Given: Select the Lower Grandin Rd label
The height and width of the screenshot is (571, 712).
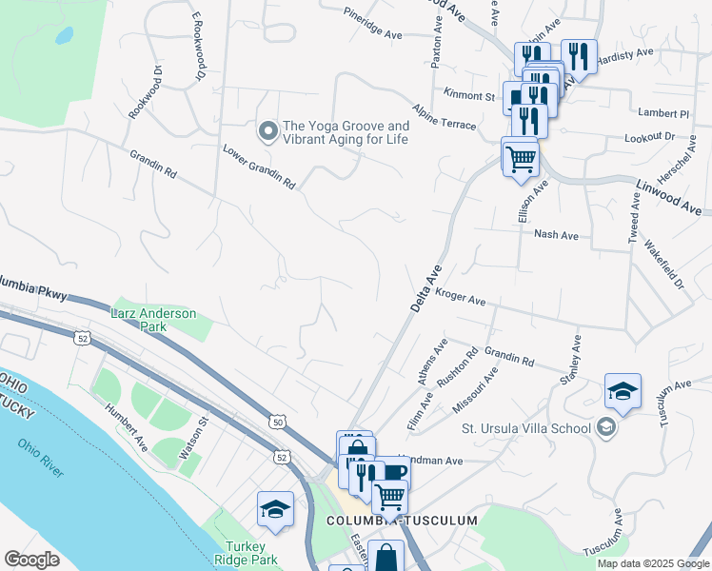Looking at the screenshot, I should click(259, 167).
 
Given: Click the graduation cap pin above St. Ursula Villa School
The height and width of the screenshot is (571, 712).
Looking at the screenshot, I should click(623, 391).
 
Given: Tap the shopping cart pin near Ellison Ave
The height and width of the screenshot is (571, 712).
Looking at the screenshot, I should click(520, 157).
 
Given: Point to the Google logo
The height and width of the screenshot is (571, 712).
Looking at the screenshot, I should click(31, 560).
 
